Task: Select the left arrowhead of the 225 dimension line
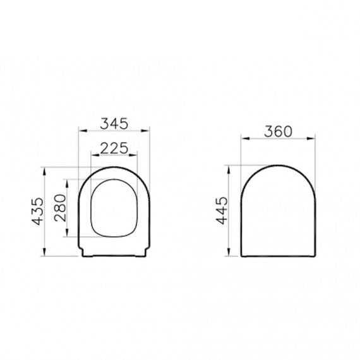92,156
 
